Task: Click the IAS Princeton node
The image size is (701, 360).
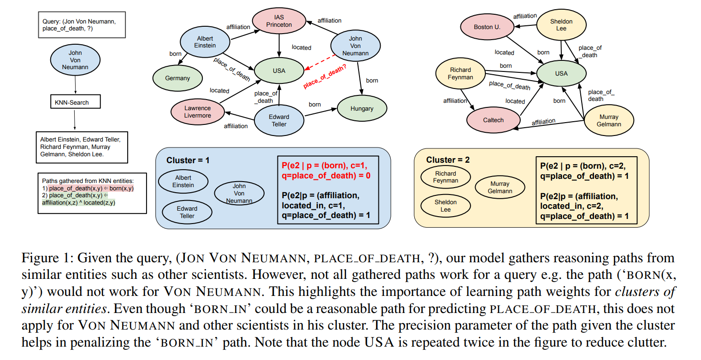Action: (x=279, y=21)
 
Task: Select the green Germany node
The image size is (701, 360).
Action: (x=177, y=78)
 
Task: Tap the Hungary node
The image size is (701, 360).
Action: (x=362, y=109)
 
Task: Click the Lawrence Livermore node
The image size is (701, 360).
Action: (x=197, y=112)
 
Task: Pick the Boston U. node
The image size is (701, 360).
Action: (x=487, y=27)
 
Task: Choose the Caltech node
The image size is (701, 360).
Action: (x=493, y=120)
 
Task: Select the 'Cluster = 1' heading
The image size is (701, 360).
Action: (x=188, y=160)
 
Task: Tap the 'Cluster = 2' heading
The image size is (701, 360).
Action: (x=448, y=160)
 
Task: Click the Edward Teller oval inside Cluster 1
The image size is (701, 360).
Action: (x=187, y=212)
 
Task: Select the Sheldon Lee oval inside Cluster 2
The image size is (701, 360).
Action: (x=445, y=206)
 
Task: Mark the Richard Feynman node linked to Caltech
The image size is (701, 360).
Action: (x=461, y=74)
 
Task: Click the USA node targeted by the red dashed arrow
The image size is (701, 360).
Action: (x=279, y=71)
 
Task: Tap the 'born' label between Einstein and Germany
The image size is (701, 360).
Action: (x=175, y=54)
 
